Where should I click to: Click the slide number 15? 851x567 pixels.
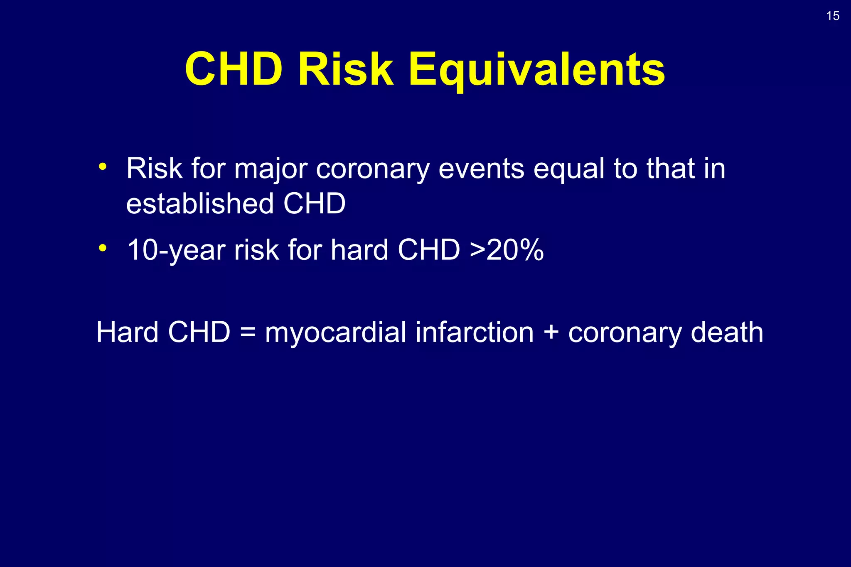(x=833, y=16)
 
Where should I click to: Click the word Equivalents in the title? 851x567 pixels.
(x=537, y=69)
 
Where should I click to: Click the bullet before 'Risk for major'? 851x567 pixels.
(x=103, y=167)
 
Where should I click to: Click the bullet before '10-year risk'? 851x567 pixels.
(x=103, y=248)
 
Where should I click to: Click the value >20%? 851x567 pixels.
(x=507, y=250)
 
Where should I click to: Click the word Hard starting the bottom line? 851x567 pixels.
(x=127, y=332)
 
